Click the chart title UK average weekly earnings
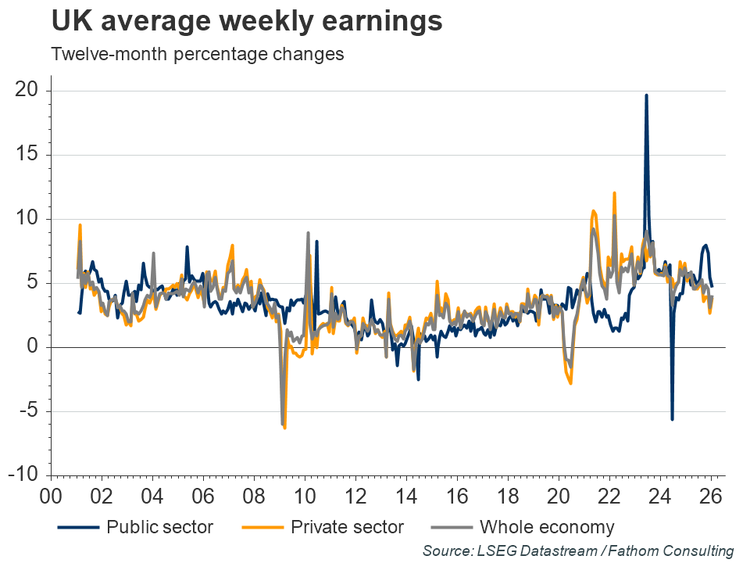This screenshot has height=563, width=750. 247,22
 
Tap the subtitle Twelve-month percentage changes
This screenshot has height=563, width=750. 198,55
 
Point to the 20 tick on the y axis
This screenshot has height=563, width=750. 27,91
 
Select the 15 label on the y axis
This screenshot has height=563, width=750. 27,155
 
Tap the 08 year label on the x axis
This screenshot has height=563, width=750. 253,497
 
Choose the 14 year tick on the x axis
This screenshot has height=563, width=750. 406,497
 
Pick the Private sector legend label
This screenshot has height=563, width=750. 347,526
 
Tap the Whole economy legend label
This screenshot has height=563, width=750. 547,526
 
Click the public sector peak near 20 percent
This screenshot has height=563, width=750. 646,95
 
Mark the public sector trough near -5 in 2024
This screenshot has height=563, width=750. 672,419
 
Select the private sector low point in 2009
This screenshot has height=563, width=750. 285,428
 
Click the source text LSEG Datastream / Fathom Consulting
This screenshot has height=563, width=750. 578,551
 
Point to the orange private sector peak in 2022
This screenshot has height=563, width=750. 615,192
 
